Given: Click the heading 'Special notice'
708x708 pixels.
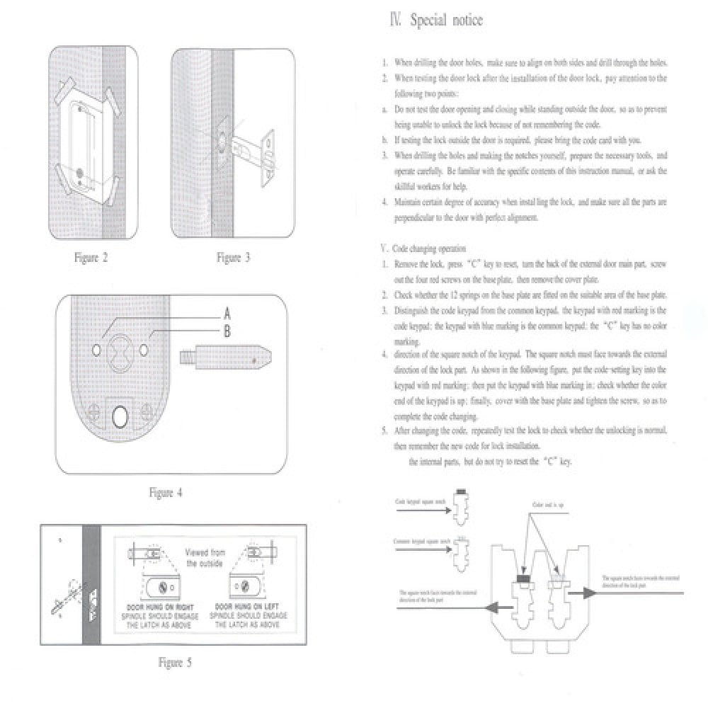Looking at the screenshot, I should coord(437,21).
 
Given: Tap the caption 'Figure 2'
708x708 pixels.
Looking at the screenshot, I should coord(91,258).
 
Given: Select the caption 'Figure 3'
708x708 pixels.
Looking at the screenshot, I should coord(234,258).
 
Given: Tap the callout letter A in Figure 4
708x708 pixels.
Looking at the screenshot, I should coord(227,312).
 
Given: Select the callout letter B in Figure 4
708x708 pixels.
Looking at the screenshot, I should coord(227,330).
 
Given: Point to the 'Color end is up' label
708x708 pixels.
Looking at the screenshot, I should coord(548,505).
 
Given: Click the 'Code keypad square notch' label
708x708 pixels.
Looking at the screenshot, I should coord(421,502).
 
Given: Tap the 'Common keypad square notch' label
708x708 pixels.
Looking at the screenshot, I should coord(422,542).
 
